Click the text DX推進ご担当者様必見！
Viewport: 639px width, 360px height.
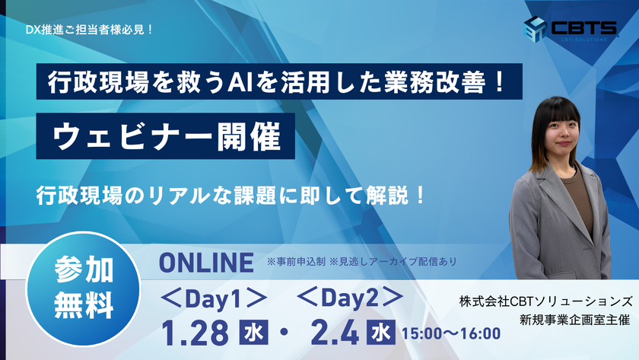89,30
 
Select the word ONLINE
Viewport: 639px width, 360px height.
205,263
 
